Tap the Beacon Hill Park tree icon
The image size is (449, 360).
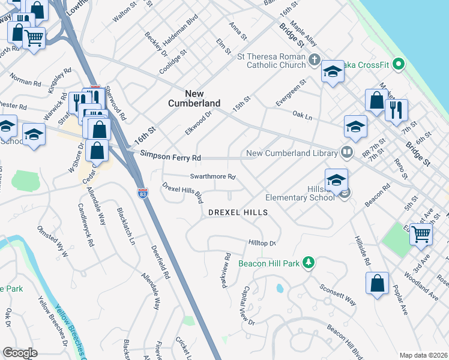(309, 263)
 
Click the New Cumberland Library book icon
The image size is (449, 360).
(346, 153)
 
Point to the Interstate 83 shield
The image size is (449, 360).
(142, 193)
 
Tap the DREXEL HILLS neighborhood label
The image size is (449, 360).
(237, 213)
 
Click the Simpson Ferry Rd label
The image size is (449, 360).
(170, 156)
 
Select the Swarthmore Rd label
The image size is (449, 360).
(212, 177)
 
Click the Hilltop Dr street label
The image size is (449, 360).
(262, 243)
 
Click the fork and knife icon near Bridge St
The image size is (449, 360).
(396, 110)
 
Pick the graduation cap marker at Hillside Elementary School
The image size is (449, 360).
(336, 179)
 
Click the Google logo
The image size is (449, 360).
(20, 353)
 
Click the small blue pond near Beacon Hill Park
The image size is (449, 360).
(280, 289)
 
